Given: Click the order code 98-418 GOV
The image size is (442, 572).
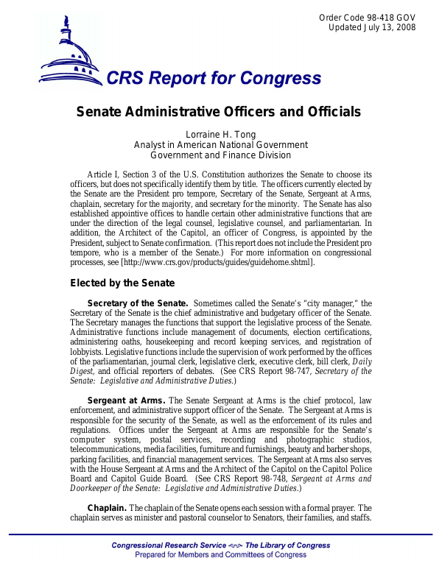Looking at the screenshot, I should [x=368, y=18].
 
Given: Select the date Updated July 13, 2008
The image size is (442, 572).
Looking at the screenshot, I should [x=372, y=28].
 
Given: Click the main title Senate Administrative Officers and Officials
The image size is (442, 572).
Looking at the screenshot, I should [x=219, y=113].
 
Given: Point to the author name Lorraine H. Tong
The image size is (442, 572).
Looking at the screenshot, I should [x=220, y=134].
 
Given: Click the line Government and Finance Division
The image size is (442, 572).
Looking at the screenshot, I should [x=220, y=155].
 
